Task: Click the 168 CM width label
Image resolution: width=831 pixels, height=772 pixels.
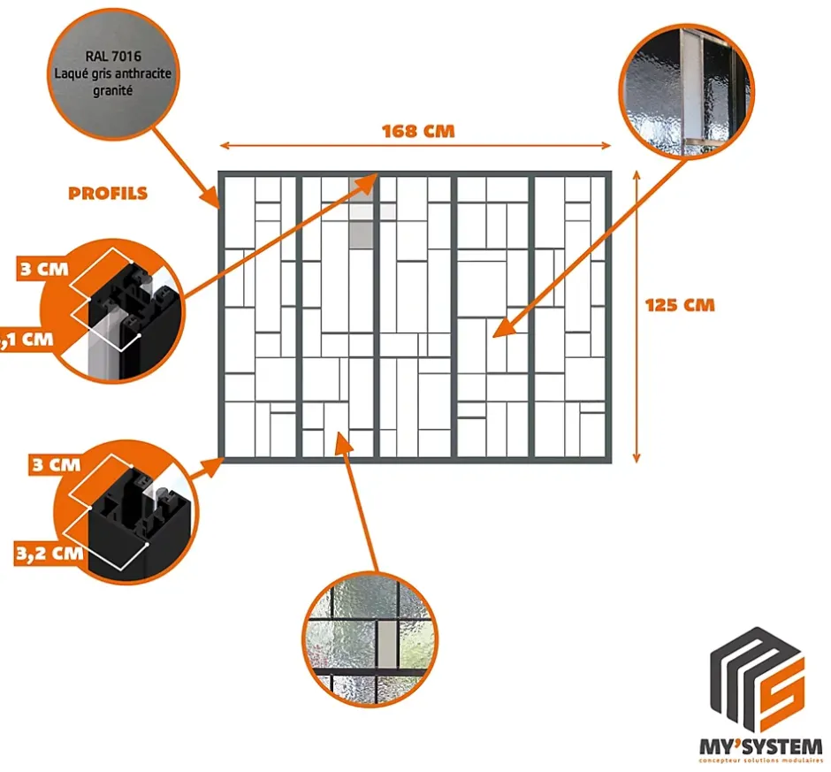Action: click(x=417, y=131)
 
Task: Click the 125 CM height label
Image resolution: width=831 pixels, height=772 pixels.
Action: click(x=679, y=305)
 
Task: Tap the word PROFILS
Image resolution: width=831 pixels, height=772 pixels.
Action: click(x=108, y=193)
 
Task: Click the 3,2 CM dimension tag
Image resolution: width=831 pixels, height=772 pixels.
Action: click(x=49, y=554)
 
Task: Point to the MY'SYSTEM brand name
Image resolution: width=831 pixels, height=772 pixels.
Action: click(x=760, y=745)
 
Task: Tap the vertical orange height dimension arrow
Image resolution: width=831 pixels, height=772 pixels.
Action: click(x=637, y=317)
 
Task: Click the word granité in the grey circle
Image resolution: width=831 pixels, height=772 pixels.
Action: click(x=113, y=90)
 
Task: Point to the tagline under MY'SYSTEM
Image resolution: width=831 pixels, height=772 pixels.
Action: click(x=760, y=760)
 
